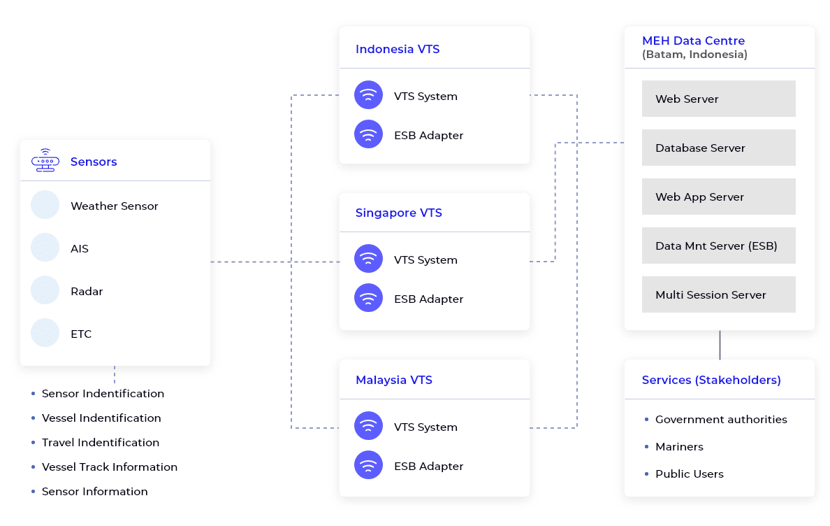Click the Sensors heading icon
(x=45, y=161)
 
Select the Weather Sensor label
(x=114, y=206)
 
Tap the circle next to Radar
(x=45, y=290)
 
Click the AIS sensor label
(x=80, y=249)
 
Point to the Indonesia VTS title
(x=397, y=49)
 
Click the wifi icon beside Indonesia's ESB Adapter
(x=368, y=134)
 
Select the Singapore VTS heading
(x=398, y=213)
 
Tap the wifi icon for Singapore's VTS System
(x=368, y=259)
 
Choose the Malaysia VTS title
(x=393, y=380)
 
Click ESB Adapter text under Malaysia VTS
(x=428, y=467)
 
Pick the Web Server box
(x=718, y=99)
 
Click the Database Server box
(x=718, y=148)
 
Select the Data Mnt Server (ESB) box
(x=718, y=246)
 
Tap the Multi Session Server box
(x=718, y=294)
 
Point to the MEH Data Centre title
(x=693, y=41)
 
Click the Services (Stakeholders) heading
(x=711, y=380)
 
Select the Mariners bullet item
(x=679, y=447)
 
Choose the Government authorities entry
(x=721, y=420)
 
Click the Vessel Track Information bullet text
(x=110, y=467)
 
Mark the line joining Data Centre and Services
(x=720, y=344)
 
